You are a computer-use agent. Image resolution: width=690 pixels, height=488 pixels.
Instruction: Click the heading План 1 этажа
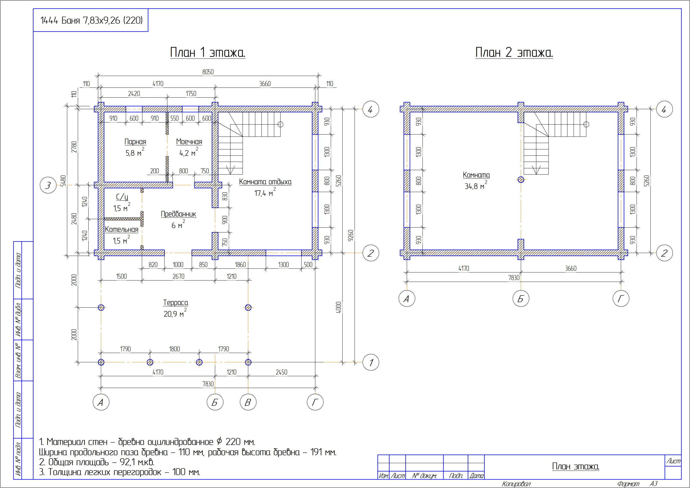pos(208,52)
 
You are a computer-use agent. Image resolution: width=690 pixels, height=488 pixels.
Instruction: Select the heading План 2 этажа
pos(514,52)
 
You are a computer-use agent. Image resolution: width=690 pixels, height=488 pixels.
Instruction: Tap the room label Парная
pos(135,142)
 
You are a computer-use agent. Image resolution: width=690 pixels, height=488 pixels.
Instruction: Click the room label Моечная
pos(189,142)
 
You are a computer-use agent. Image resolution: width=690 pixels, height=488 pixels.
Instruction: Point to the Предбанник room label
pos(179,214)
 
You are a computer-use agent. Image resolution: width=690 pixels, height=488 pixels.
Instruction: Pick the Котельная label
pos(121,230)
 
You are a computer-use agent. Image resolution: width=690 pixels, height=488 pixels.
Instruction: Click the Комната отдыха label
pos(265,182)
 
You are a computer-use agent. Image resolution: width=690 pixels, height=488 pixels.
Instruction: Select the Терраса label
pos(176,303)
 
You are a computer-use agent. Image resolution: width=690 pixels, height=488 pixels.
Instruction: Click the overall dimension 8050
pos(208,72)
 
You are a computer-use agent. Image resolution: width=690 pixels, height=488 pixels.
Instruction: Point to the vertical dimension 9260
pos(351,236)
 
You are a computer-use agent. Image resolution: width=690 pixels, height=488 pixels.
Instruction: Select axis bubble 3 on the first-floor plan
pos(48,185)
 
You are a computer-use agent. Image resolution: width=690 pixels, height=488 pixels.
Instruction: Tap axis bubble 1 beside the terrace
pos(371,362)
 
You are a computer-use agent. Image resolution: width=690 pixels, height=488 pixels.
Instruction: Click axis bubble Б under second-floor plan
pos(521,299)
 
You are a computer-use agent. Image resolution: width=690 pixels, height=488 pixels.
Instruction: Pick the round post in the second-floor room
pos(521,180)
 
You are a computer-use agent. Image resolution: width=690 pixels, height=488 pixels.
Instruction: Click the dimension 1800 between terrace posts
pos(174,349)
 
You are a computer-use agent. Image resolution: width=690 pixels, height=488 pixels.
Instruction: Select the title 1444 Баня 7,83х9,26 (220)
pos(91,20)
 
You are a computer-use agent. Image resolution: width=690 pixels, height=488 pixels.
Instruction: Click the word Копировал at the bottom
pos(516,484)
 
